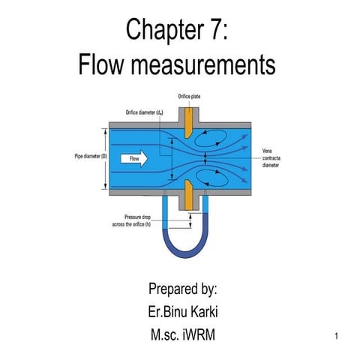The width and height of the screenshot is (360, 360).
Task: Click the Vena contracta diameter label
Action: (271, 159)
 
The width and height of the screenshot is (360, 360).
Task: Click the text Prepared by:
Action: (182, 289)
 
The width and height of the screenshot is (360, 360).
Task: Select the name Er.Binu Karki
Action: (182, 310)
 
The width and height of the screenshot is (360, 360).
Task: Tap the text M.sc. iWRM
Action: (182, 333)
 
